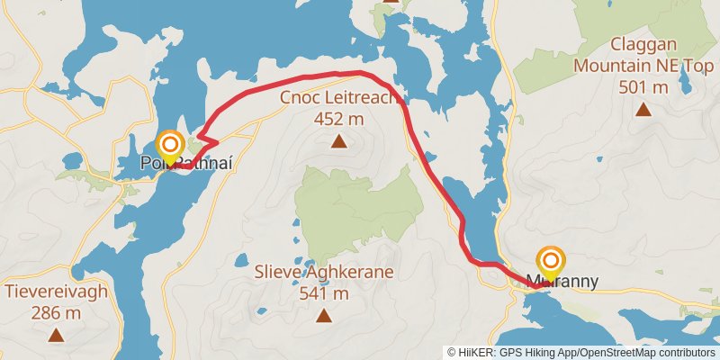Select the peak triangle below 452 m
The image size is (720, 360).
click(x=338, y=140)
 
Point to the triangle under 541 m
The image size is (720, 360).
click(x=324, y=315)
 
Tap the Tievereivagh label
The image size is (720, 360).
click(x=56, y=292)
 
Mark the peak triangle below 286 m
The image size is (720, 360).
click(x=56, y=335)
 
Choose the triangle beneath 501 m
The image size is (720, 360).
click(x=643, y=109)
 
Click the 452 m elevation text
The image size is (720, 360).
click(x=338, y=119)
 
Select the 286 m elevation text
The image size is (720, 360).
click(x=56, y=313)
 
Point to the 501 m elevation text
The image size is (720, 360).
click(x=643, y=86)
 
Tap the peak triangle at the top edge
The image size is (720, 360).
click(x=391, y=2)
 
